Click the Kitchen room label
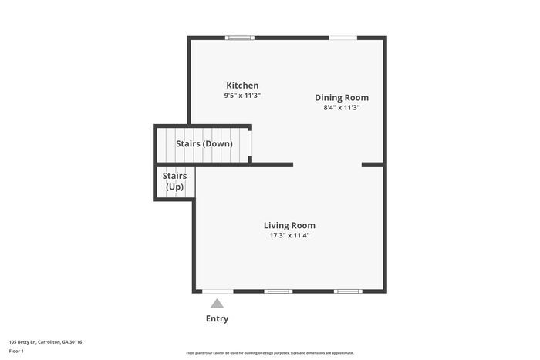[242, 86]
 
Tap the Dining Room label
[342, 98]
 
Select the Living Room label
[289, 226]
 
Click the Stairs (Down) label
[204, 144]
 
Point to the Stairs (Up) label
[174, 181]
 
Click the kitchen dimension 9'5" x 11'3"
[242, 96]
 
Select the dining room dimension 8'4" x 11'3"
[342, 108]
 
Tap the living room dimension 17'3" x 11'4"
[289, 236]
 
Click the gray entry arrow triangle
[218, 304]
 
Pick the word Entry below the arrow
[217, 318]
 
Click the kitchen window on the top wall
[239, 37]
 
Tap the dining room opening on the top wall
[343, 37]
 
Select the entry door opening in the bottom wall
[218, 291]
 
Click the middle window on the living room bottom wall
[278, 291]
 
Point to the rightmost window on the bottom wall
[347, 291]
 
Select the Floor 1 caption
[17, 352]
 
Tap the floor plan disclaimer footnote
[269, 353]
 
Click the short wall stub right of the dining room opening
[373, 164]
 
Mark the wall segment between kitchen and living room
[270, 164]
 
